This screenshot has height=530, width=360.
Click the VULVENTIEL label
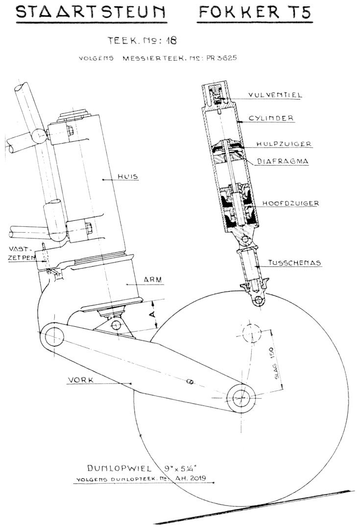click(x=275, y=95)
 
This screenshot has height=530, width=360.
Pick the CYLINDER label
click(x=271, y=119)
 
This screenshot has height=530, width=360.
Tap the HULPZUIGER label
click(x=284, y=144)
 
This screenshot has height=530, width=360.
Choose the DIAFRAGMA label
click(x=283, y=161)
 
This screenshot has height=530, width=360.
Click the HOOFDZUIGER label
click(x=291, y=203)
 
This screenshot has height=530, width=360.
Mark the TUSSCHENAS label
click(x=294, y=263)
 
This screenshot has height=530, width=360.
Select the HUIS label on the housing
click(x=128, y=176)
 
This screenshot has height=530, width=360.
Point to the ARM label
click(x=153, y=280)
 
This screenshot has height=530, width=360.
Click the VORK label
click(x=81, y=380)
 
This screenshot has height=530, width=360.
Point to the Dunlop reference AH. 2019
click(x=191, y=478)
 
